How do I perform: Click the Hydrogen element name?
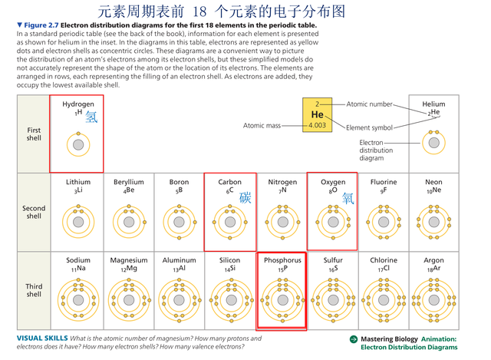(x=78, y=104)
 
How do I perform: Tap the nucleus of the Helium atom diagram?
(x=433, y=143)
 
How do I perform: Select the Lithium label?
(x=78, y=182)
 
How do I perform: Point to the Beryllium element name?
(x=129, y=182)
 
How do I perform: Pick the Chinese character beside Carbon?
(x=245, y=197)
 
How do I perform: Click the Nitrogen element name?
(x=282, y=182)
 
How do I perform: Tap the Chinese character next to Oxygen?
(x=348, y=197)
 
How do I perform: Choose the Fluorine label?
(x=384, y=182)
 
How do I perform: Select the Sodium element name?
(x=78, y=260)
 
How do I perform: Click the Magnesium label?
(x=129, y=260)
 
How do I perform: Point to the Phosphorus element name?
(x=282, y=260)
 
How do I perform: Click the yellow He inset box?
(x=317, y=115)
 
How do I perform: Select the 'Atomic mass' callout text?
(x=262, y=125)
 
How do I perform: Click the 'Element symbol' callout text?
(x=369, y=127)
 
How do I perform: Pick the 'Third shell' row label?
(x=34, y=290)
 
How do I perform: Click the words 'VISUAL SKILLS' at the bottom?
(x=41, y=339)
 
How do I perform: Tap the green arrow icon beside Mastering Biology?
(x=354, y=339)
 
